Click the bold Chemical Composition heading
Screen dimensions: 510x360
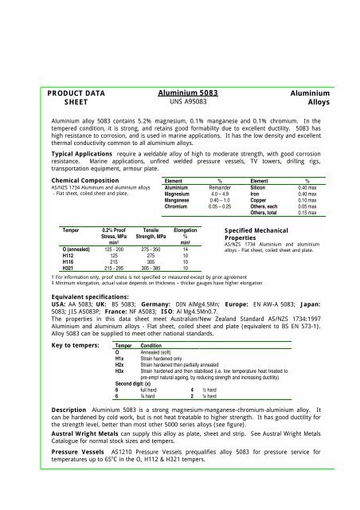[61, 181]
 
